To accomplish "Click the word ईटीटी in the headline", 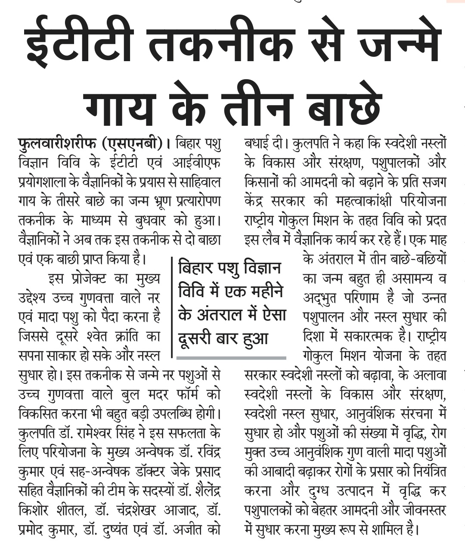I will pyautogui.click(x=86, y=45).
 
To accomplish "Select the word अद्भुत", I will pyautogui.click(x=321, y=298).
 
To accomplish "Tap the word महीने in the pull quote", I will pyautogui.click(x=263, y=292).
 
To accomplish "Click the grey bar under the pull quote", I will pyautogui.click(x=231, y=357).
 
